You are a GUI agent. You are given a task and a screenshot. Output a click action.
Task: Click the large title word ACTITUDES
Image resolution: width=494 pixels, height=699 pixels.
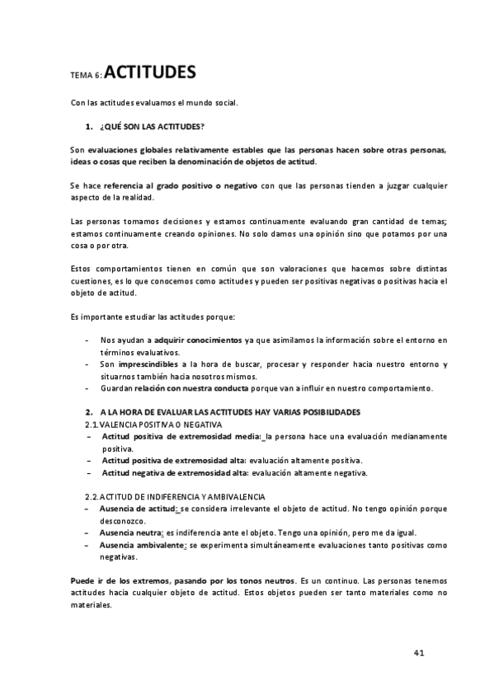150,73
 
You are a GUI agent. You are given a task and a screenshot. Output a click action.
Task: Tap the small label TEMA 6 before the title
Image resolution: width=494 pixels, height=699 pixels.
87,76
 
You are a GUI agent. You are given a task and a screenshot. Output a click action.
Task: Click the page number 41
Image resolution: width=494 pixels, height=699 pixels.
419,653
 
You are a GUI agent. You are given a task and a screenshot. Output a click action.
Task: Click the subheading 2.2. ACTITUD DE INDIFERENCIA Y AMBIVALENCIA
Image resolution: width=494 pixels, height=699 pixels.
175,497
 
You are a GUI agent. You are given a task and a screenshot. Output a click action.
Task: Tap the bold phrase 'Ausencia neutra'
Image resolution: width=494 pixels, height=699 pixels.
131,533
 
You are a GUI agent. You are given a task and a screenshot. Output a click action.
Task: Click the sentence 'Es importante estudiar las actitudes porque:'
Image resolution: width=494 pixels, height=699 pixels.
153,317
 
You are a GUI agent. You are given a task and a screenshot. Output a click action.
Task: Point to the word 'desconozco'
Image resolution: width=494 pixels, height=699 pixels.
125,521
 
